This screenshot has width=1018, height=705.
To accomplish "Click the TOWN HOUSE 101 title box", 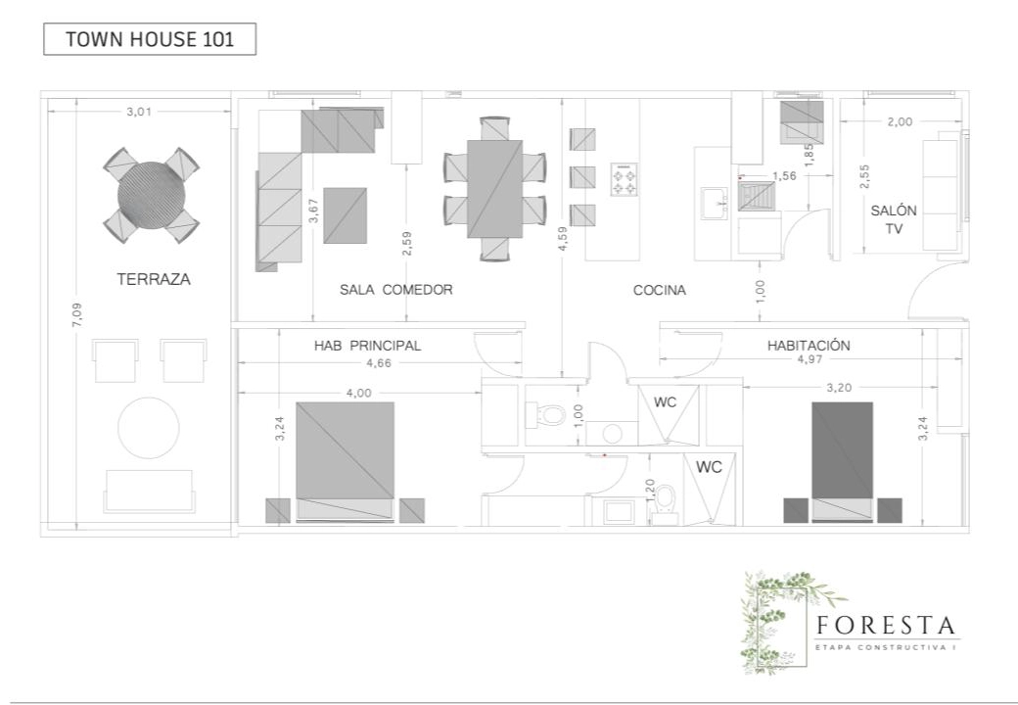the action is (150, 39).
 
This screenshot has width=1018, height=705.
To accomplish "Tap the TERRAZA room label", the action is (154, 279).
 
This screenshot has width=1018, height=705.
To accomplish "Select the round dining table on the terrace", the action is (152, 195).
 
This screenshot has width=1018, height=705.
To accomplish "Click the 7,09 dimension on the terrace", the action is (77, 314).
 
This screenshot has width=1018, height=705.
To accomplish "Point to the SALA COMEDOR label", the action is (396, 290).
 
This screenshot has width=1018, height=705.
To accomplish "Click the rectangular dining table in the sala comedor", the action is (494, 189).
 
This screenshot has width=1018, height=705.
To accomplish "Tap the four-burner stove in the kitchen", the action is (624, 180).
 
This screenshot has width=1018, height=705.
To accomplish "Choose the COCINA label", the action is (660, 290).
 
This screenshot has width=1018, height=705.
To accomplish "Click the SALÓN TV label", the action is (894, 219).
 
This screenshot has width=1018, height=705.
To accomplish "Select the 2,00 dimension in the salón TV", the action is (900, 121).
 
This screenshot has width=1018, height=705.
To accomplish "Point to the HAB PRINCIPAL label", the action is (367, 346).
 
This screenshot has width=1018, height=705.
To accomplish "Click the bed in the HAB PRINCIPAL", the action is (346, 461).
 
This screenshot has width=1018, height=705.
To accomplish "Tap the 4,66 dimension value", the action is (379, 363).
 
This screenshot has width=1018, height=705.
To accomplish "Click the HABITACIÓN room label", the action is (809, 346).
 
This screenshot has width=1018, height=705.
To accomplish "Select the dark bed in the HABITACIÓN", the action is (843, 461).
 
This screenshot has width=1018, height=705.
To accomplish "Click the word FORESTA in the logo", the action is (886, 625).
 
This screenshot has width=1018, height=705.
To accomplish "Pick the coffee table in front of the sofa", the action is (346, 215).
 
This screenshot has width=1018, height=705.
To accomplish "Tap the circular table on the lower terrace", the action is (149, 428).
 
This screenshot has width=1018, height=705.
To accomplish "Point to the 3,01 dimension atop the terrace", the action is (139, 112).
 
